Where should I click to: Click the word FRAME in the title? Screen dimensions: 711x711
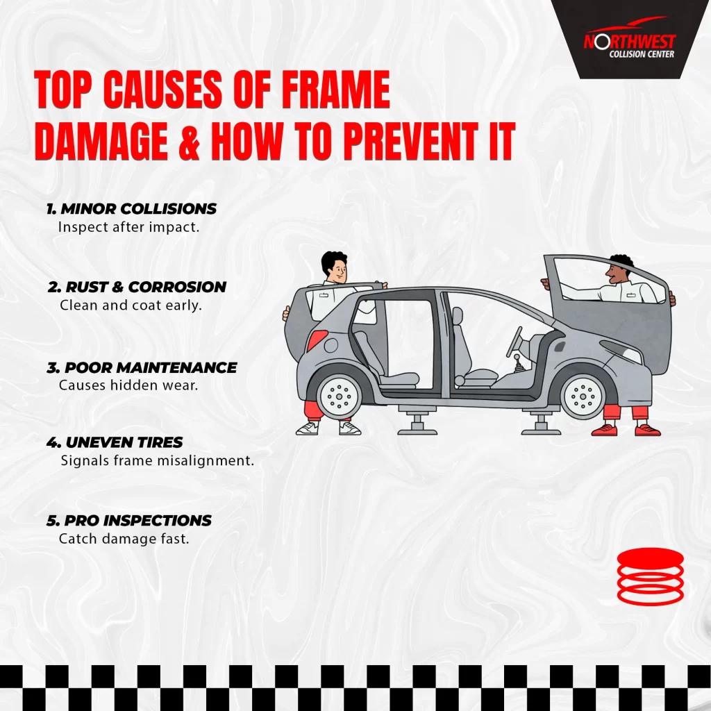point(335,90)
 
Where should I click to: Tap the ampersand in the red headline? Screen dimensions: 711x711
point(189,141)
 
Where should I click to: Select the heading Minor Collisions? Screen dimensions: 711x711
point(131,208)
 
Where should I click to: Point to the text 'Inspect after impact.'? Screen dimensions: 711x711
point(128,227)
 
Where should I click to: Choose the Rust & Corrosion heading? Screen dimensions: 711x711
point(137,287)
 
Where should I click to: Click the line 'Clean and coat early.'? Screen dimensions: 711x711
point(131,306)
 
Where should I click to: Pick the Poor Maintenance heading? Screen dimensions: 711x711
point(142,367)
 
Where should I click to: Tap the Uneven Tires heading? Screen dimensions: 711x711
point(115,442)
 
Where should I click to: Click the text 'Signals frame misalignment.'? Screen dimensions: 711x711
point(158,461)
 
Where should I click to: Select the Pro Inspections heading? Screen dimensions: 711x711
point(128,520)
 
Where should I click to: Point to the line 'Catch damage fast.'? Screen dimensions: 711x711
point(124,539)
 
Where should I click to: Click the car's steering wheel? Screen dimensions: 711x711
point(515,342)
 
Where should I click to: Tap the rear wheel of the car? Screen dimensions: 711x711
point(339,396)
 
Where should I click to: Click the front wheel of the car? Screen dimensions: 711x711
point(583,396)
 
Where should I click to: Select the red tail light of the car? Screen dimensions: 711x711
point(317,340)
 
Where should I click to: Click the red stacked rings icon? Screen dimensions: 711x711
point(650,576)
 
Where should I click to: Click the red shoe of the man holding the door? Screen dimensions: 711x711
point(605,429)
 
